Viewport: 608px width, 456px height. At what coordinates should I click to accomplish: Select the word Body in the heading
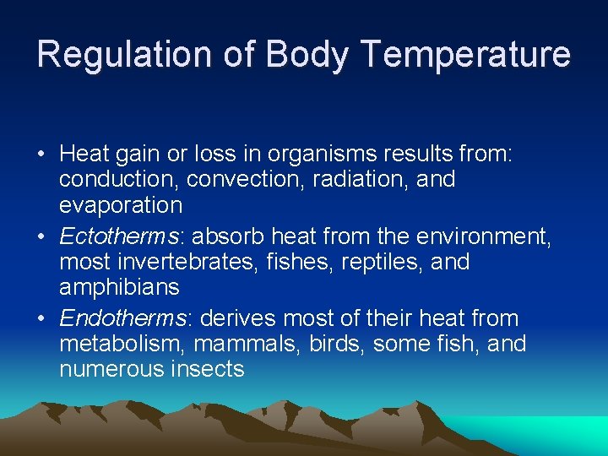click(x=305, y=54)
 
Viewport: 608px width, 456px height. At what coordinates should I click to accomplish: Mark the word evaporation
click(x=121, y=204)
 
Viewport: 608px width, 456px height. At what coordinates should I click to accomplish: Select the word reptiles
click(x=386, y=262)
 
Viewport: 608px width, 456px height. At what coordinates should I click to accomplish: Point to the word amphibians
click(x=119, y=287)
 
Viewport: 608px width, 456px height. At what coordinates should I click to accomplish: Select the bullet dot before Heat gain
click(x=41, y=155)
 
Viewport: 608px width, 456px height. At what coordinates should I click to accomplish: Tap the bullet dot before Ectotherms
click(x=41, y=236)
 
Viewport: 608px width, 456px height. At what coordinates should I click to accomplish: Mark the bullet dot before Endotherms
click(x=41, y=318)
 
